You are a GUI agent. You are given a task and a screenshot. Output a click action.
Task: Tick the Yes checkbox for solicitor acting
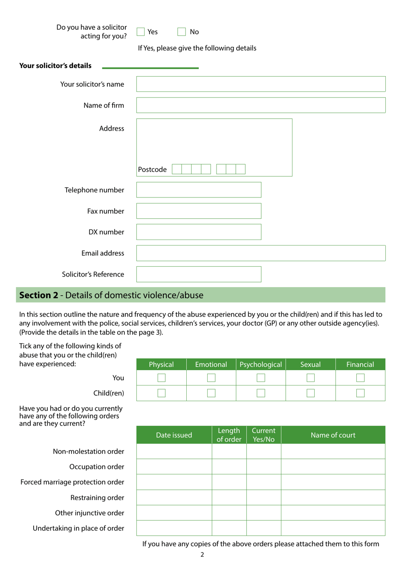point(141,32)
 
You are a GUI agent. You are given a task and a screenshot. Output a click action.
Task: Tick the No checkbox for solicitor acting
point(182,32)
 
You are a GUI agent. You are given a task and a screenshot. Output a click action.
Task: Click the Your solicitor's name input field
point(261,84)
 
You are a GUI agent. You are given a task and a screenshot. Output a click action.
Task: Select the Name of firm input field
point(261,106)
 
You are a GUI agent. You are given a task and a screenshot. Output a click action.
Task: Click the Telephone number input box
point(199,190)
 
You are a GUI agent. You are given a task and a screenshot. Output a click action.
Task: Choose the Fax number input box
point(199,211)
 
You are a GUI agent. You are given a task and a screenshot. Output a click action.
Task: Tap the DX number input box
point(199,232)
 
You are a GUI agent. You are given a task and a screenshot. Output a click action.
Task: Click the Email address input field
point(261,253)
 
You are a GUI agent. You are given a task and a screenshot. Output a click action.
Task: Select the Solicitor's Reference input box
point(199,274)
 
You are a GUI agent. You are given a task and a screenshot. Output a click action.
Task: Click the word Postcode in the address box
point(152,169)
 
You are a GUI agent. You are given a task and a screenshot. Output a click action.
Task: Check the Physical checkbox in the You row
point(162,378)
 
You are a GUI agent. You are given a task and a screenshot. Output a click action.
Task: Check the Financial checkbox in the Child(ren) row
point(360,393)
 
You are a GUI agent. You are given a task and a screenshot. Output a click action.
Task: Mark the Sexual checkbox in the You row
point(311,378)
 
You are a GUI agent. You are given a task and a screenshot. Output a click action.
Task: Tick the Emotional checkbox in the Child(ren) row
point(211,393)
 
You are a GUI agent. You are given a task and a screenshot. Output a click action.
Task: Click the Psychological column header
point(261,365)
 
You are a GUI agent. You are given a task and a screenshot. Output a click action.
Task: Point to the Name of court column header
point(333,435)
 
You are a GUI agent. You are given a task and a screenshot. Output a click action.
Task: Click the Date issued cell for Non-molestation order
point(174,451)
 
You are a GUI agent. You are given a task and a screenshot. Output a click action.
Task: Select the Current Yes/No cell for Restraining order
point(263,498)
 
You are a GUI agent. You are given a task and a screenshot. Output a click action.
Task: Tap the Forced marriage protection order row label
point(72,482)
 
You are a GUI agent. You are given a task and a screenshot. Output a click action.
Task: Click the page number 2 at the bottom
point(202,555)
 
